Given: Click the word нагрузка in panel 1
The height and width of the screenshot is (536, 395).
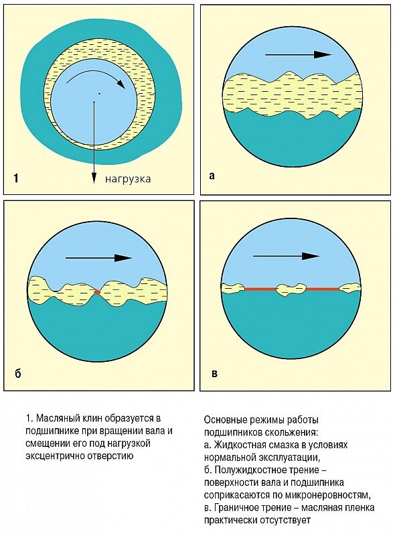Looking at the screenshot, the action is [x=127, y=180].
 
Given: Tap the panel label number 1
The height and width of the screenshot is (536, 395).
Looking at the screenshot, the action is [x=16, y=178].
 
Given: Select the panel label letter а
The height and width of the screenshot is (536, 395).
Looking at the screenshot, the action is [x=212, y=176].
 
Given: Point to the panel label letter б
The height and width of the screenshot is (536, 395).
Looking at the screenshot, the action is [x=18, y=373].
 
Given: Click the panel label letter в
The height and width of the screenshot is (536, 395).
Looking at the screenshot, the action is [x=214, y=373].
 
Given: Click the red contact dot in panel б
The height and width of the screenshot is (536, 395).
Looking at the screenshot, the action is [x=97, y=292].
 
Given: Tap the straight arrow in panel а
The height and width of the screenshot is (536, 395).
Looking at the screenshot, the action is [x=299, y=55].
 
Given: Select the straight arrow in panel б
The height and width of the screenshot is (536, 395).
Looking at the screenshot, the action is [x=98, y=258].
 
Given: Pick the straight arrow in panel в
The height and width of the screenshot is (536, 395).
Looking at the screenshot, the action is [x=286, y=256].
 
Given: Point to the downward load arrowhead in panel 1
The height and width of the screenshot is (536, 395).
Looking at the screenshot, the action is [x=94, y=178].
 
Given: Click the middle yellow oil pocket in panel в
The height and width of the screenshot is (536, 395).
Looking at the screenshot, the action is [x=291, y=289].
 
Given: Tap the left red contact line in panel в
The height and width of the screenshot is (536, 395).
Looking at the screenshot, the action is [x=260, y=289].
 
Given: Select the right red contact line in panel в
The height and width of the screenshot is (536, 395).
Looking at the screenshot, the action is [x=322, y=289].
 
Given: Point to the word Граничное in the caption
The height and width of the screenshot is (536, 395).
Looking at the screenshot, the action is [x=236, y=508].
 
